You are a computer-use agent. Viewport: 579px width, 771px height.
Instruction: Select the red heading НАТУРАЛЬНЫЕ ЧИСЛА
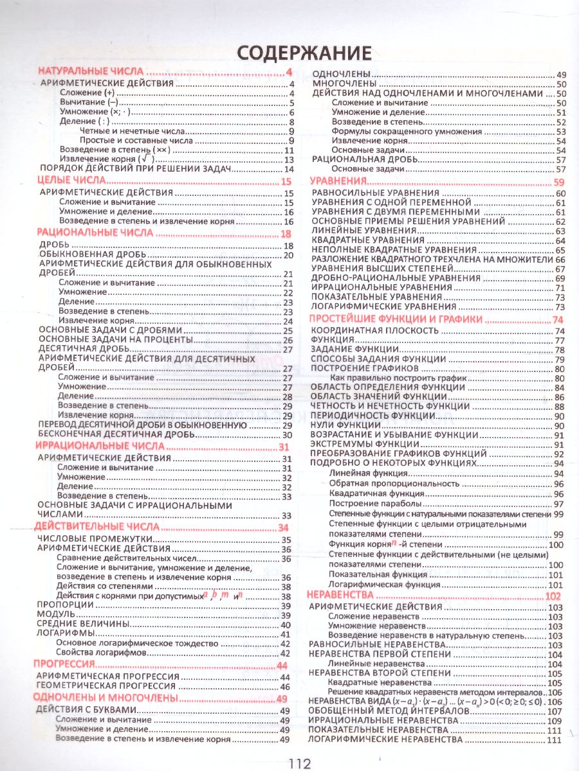(x=91, y=71)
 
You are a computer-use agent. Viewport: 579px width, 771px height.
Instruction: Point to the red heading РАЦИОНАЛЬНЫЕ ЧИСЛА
(x=95, y=233)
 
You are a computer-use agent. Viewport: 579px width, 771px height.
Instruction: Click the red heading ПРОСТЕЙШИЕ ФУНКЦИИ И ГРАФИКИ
(x=395, y=319)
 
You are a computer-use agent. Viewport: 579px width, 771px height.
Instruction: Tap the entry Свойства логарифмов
(x=101, y=652)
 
